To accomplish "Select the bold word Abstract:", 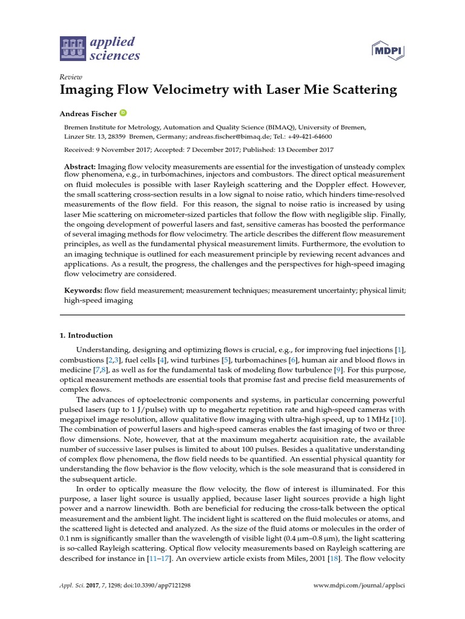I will click(80, 166).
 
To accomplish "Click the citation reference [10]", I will click(398, 420).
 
